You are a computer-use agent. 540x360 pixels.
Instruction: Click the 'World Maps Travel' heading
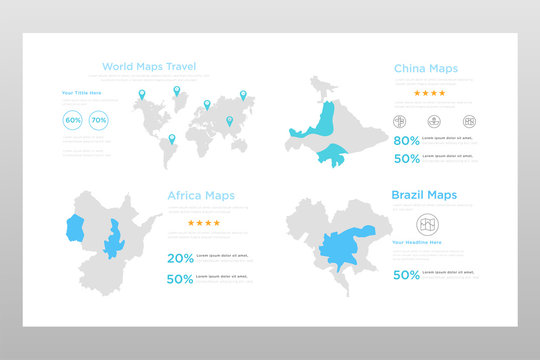tap(149, 67)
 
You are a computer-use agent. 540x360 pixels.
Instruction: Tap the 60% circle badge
tap(73, 120)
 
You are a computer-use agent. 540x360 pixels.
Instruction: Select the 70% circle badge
tap(98, 120)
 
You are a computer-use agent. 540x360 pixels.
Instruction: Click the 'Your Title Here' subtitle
tap(81, 93)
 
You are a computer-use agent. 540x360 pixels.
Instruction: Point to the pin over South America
tap(171, 140)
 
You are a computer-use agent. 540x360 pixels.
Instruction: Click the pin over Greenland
tap(177, 91)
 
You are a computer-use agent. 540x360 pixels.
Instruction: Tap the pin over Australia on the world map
tap(229, 122)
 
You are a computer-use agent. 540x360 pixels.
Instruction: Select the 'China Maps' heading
tap(426, 69)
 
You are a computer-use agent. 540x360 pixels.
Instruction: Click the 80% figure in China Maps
tap(406, 141)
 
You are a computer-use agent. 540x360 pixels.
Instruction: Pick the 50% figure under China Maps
tap(406, 158)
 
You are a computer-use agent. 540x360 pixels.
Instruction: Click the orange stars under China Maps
tap(431, 93)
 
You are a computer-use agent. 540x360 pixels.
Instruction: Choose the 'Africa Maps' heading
tap(201, 195)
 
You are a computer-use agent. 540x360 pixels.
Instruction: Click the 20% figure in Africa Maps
tap(180, 258)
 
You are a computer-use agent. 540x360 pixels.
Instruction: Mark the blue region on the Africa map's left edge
tap(74, 227)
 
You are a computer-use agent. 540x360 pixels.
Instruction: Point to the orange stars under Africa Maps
tap(203, 223)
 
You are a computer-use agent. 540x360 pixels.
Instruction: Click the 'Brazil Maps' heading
tap(425, 195)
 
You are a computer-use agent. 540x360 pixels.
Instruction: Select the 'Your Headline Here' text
tap(418, 242)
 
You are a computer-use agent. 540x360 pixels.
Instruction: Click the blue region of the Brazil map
tap(345, 246)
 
